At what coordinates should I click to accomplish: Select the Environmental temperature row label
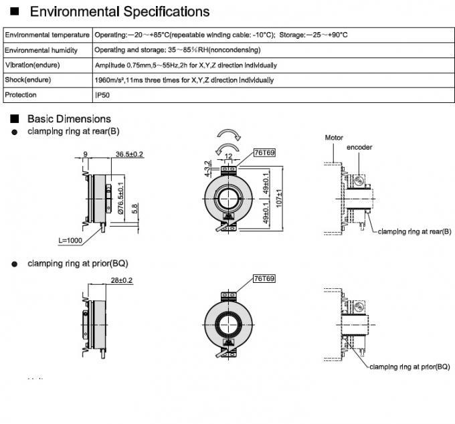(x=47, y=35)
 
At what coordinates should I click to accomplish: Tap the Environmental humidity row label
(x=41, y=50)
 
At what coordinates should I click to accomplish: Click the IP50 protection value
(x=102, y=95)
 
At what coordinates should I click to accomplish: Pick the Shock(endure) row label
(x=31, y=80)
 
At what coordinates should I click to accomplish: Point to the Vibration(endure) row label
(x=33, y=66)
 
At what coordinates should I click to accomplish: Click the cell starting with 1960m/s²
(x=184, y=80)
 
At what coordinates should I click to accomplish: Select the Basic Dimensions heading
(x=69, y=119)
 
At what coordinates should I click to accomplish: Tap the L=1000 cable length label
(x=71, y=239)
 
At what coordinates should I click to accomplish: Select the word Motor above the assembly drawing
(x=334, y=138)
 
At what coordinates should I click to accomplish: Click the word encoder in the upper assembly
(x=359, y=147)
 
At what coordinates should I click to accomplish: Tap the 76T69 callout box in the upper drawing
(x=264, y=153)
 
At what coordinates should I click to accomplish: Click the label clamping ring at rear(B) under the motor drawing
(x=414, y=231)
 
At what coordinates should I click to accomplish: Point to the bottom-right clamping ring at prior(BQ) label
(x=409, y=367)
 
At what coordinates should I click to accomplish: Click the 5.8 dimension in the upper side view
(x=134, y=208)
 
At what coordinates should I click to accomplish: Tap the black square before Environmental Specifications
(x=15, y=12)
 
